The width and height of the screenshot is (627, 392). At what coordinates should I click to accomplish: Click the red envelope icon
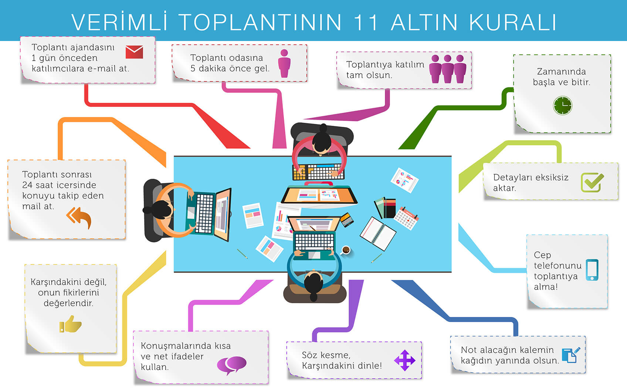pyautogui.click(x=134, y=52)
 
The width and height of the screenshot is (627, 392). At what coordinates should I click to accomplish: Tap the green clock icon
pyautogui.click(x=563, y=105)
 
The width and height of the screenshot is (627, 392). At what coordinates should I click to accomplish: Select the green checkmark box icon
pyautogui.click(x=592, y=182)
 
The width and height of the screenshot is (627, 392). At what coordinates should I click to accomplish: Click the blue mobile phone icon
pyautogui.click(x=592, y=270)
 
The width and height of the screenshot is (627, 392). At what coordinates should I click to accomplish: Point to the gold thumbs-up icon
pyautogui.click(x=70, y=324)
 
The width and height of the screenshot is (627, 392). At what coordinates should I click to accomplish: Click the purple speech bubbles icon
pyautogui.click(x=232, y=365)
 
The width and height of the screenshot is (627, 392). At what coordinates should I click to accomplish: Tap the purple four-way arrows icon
pyautogui.click(x=405, y=360)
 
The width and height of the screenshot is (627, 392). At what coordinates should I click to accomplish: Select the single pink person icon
pyautogui.click(x=284, y=63)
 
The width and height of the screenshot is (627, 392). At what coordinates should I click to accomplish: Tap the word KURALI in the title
pyautogui.click(x=513, y=22)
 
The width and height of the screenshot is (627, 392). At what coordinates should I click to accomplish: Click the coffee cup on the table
pyautogui.click(x=346, y=250)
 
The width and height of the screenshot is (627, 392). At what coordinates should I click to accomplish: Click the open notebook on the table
pyautogui.click(x=378, y=233)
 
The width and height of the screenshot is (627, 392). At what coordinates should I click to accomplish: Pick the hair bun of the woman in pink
pyautogui.click(x=323, y=128)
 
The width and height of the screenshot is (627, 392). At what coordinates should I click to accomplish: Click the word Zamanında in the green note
pyautogui.click(x=561, y=72)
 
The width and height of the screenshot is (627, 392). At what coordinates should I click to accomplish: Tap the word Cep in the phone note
pyautogui.click(x=542, y=255)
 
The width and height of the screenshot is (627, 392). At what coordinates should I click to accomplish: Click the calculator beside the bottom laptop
pyautogui.click(x=347, y=220)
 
